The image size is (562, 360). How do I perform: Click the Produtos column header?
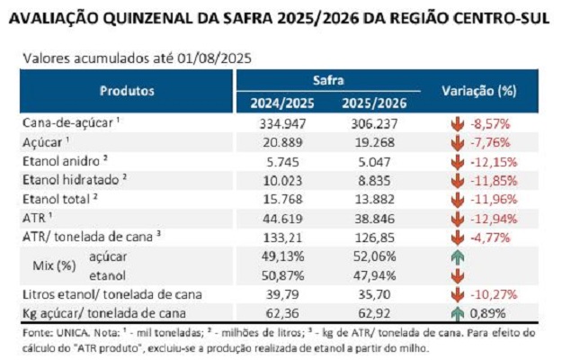[x=127, y=91]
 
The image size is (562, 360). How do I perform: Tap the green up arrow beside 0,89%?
[x=457, y=313]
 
